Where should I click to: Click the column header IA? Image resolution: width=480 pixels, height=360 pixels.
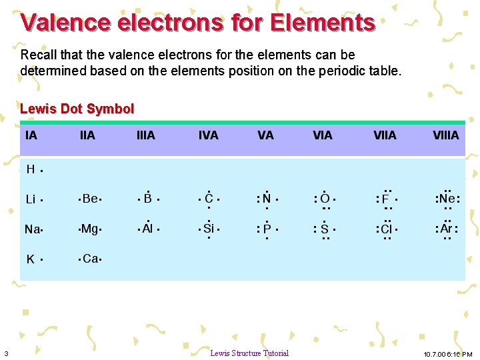pyautogui.click(x=31, y=135)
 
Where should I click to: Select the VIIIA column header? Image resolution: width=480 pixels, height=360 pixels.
pyautogui.click(x=445, y=135)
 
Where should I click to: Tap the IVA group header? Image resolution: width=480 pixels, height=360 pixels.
pyautogui.click(x=208, y=135)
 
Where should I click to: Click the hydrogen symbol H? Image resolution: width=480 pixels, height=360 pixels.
pyautogui.click(x=31, y=169)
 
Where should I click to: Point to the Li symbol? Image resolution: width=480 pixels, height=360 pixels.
pyautogui.click(x=31, y=199)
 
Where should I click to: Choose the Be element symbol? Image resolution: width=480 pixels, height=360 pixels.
pyautogui.click(x=90, y=199)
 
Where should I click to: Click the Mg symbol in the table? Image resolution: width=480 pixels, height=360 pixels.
pyautogui.click(x=89, y=229)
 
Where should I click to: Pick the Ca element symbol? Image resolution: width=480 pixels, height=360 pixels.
pyautogui.click(x=90, y=259)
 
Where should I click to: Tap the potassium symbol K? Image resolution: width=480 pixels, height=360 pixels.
pyautogui.click(x=31, y=259)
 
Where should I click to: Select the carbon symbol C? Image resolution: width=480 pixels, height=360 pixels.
pyautogui.click(x=209, y=199)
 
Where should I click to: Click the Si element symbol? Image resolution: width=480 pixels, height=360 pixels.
pyautogui.click(x=209, y=229)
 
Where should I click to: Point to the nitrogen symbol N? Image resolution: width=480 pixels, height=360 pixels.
pyautogui.click(x=267, y=199)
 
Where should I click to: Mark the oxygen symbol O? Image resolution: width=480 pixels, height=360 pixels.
pyautogui.click(x=325, y=199)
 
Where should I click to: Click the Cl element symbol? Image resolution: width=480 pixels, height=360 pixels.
pyautogui.click(x=386, y=229)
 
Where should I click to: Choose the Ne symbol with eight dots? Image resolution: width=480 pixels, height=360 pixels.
pyautogui.click(x=447, y=199)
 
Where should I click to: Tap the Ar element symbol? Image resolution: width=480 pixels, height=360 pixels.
pyautogui.click(x=447, y=229)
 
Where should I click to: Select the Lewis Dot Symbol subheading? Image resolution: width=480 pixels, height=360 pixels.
pyautogui.click(x=77, y=109)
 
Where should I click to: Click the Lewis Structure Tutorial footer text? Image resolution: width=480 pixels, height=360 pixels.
pyautogui.click(x=249, y=353)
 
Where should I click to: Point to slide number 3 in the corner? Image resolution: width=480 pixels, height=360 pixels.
pyautogui.click(x=6, y=353)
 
